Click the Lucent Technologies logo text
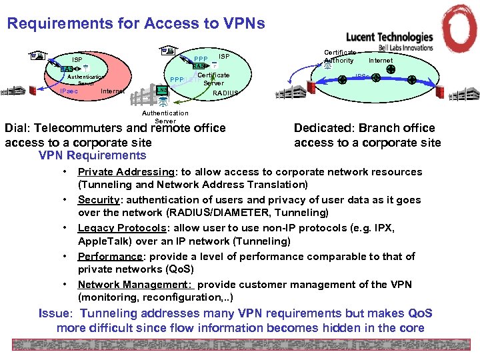point(389,37)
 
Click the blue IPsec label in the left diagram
point(70,91)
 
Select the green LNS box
point(162,91)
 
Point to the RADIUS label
point(225,94)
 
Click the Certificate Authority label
point(339,56)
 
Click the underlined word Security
point(98,200)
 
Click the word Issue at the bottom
point(55,313)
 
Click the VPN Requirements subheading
point(93,155)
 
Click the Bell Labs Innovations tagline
point(406,48)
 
